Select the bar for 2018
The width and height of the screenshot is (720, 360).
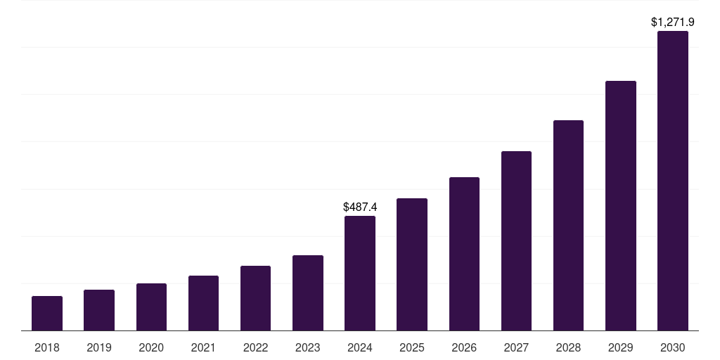tap(47, 314)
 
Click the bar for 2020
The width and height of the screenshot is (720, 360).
tap(151, 307)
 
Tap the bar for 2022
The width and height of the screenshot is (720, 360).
tap(255, 298)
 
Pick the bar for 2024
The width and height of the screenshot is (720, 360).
tap(360, 274)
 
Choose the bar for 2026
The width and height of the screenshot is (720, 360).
tap(464, 254)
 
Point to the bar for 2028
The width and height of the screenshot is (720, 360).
tap(568, 226)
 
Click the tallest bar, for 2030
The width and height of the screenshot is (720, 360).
tap(673, 181)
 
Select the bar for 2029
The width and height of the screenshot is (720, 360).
tap(621, 206)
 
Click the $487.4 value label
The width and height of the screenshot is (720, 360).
tap(360, 207)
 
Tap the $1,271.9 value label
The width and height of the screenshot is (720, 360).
tap(673, 22)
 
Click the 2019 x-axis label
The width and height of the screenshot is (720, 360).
tap(99, 347)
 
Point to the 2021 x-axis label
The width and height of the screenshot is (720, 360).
tap(203, 347)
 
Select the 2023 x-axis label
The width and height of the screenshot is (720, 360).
tap(308, 347)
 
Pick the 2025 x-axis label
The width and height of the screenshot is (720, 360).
tap(412, 347)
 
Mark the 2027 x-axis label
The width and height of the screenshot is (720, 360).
tap(516, 347)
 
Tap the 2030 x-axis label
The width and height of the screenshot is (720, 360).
tap(673, 347)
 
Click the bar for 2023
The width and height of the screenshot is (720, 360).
tap(308, 293)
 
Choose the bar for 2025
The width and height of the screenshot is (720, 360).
tap(412, 264)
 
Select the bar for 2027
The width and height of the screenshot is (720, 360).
tap(516, 241)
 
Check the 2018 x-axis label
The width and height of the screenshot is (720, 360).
tap(47, 347)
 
